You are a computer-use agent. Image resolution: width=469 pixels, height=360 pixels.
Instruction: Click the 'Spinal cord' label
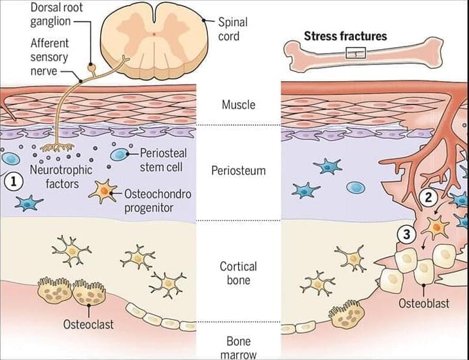click(x=233, y=29)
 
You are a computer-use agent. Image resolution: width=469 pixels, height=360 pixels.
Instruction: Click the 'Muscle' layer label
click(x=238, y=105)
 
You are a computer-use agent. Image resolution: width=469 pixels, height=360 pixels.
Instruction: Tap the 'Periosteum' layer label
click(x=238, y=171)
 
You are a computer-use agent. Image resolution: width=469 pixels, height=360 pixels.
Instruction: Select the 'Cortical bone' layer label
click(x=238, y=274)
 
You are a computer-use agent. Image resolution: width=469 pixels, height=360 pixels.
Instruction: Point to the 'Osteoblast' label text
click(x=423, y=304)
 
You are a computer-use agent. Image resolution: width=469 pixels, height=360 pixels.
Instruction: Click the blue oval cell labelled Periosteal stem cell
click(x=120, y=155)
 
